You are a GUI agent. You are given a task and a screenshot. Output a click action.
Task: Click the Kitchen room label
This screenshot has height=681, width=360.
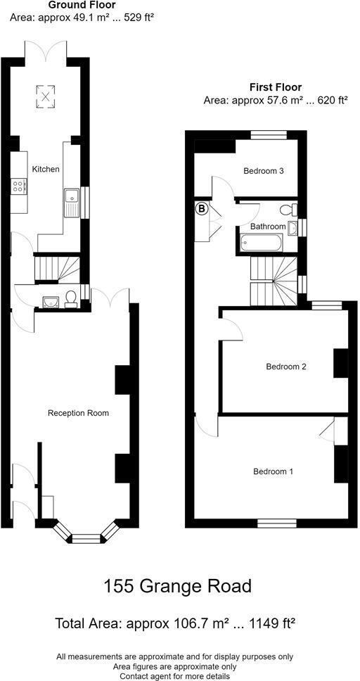tap(46, 170)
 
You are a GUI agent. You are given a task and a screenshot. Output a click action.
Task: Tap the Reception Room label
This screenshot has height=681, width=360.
tap(78, 413)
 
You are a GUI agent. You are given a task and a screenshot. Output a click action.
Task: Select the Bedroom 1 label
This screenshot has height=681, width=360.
tap(274, 471)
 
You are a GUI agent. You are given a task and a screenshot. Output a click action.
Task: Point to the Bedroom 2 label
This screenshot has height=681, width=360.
tap(286, 367)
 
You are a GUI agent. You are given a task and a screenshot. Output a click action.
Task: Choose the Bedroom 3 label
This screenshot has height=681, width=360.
tap(263, 171)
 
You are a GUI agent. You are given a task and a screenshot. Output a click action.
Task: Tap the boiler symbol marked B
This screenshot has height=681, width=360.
tap(202, 209)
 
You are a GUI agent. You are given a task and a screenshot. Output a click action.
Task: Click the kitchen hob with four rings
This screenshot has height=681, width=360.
tap(19, 186)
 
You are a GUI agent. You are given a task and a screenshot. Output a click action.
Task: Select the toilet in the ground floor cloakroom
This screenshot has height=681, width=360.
tap(71, 300)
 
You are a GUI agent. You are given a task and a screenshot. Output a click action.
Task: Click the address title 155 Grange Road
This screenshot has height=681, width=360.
tap(177, 585)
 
